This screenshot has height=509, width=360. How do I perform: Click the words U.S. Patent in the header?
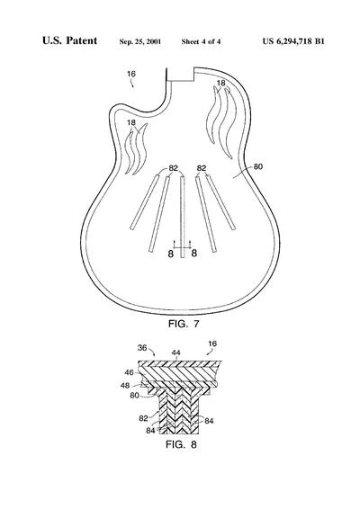69,40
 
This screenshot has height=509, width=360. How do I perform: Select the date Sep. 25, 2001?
140,41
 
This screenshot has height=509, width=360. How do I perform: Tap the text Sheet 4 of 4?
201,41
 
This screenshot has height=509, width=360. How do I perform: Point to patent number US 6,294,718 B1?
293,41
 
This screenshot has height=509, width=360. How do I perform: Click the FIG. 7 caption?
184,324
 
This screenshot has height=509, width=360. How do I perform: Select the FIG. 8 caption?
181,444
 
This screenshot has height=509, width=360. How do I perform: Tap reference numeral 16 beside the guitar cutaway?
130,74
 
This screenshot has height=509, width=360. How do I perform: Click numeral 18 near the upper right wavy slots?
220,83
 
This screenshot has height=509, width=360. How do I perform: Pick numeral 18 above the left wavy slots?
131,122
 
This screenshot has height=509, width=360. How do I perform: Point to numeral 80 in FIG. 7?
257,166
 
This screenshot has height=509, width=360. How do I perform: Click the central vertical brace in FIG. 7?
183,217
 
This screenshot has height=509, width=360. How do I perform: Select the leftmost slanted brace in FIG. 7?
145,202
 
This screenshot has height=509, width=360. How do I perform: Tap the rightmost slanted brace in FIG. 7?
220,202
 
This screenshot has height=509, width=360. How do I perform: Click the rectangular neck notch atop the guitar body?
180,75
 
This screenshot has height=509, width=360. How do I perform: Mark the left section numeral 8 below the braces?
171,254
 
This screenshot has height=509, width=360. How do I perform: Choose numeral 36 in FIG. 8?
142,348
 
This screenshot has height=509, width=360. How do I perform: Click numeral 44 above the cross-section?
176,353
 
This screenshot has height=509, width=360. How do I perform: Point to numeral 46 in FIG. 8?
129,372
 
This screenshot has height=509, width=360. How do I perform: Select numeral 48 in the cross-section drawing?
125,385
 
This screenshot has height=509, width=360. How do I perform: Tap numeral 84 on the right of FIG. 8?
209,421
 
